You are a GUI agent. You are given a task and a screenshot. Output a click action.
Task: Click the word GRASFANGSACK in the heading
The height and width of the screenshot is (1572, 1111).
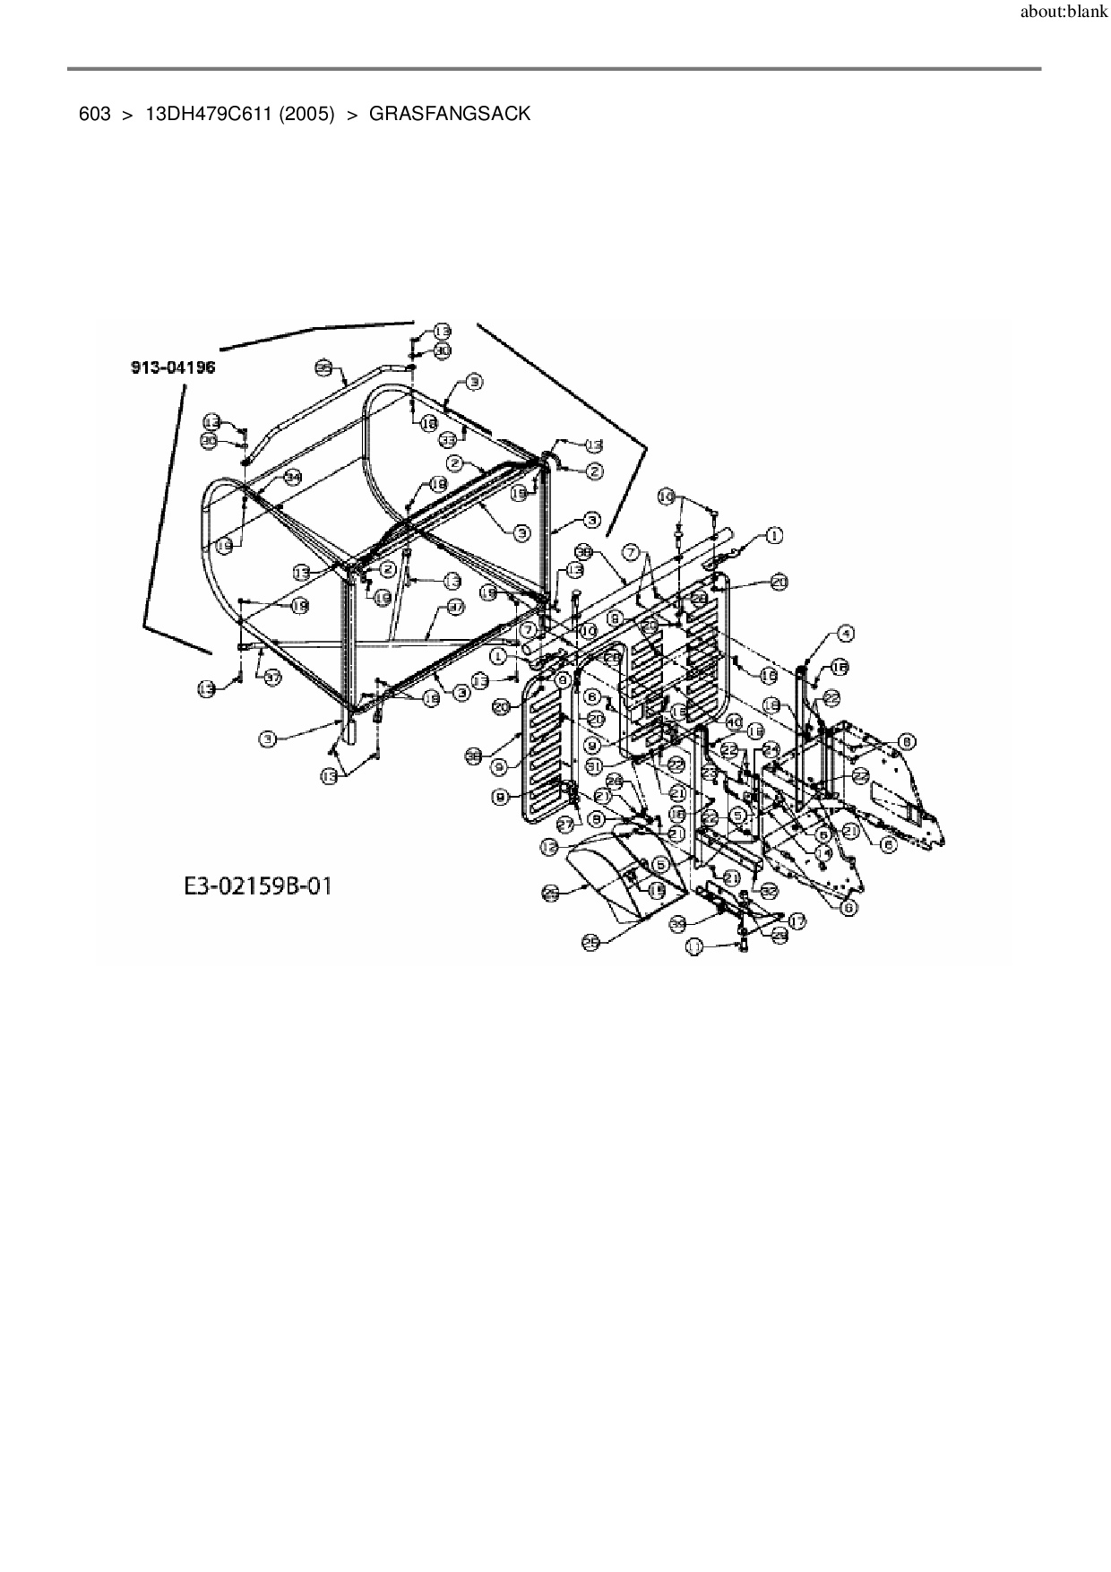tap(450, 115)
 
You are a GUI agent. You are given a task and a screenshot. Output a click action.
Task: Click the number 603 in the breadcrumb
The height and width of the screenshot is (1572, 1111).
tap(94, 115)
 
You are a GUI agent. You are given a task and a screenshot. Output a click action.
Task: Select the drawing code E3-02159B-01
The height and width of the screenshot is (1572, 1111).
tap(258, 887)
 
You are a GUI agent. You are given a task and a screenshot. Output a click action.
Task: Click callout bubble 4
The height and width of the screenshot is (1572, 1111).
tap(846, 634)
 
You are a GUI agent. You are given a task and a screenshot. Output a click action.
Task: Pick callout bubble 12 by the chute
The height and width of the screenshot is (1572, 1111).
tap(548, 845)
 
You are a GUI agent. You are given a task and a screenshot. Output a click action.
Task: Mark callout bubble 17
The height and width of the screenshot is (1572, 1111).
tap(797, 920)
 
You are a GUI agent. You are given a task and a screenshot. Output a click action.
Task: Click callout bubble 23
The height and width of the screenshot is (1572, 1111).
tap(710, 771)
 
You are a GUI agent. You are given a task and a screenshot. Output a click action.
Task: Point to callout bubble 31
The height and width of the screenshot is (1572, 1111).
tap(593, 765)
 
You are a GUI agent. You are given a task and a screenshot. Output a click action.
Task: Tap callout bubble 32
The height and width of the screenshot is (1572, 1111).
tap(769, 891)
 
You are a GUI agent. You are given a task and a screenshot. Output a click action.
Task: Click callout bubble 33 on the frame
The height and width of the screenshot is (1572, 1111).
tap(448, 439)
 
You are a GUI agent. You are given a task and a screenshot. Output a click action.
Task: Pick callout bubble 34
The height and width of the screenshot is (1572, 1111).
tap(293, 478)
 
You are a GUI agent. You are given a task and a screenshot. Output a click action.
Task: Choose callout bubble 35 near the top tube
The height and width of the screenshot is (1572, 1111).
tap(323, 367)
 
